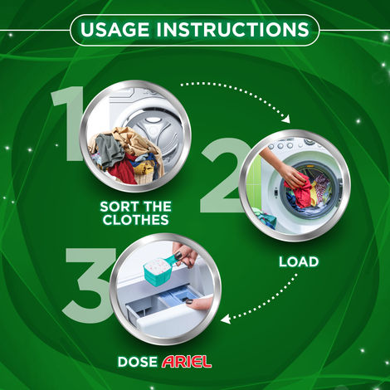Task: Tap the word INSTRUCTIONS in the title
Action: (x=236, y=31)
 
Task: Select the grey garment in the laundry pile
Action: (x=109, y=149)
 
